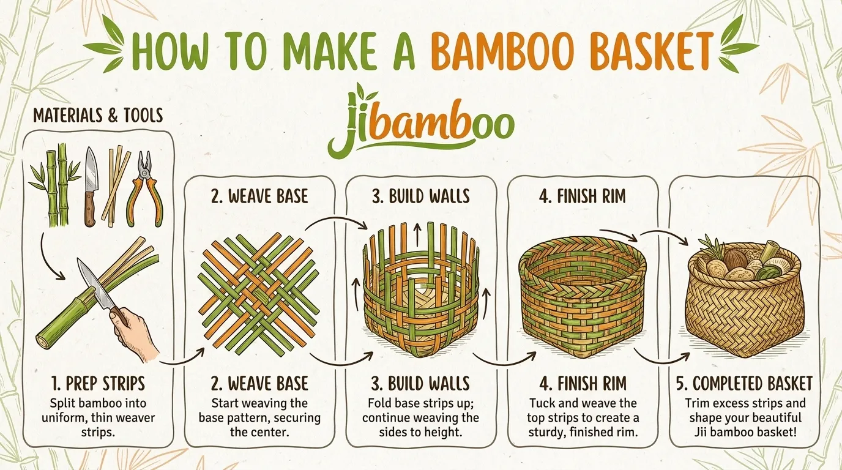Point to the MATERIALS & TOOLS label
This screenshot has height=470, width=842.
pos(98,115)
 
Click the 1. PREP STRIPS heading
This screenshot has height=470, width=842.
pos(98,384)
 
